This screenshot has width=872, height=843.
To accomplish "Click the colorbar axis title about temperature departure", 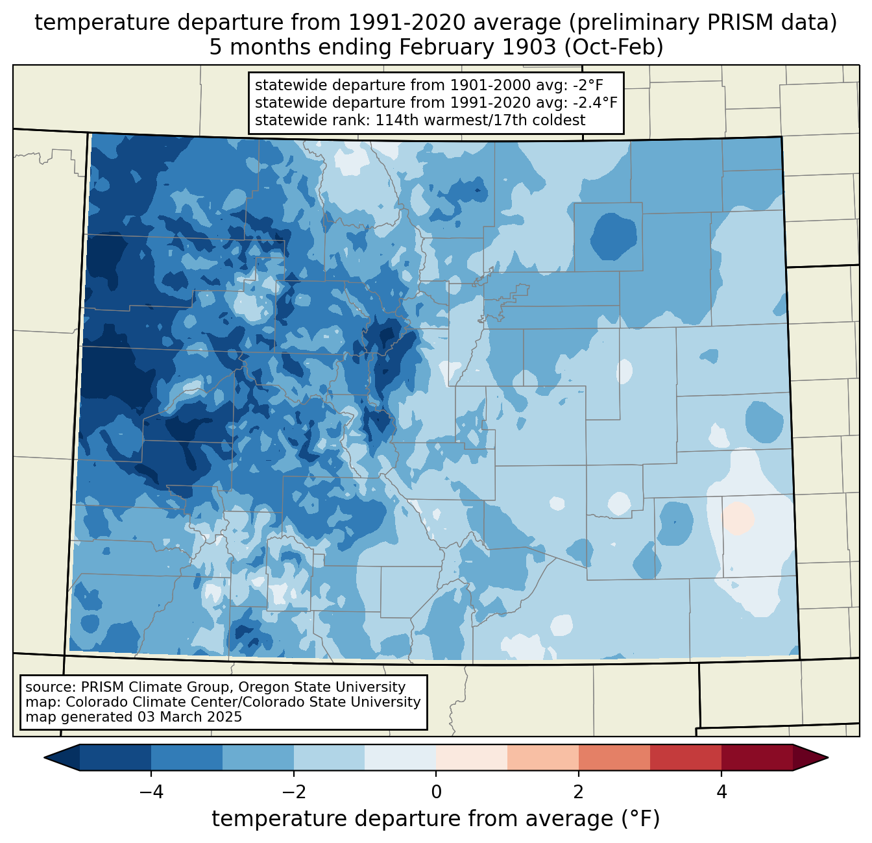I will point(435,819).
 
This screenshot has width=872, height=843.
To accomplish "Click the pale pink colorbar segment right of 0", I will point(472,757).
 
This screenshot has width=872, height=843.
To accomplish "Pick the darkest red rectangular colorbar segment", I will point(757,757).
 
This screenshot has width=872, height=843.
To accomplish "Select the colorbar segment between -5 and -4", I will point(115,757).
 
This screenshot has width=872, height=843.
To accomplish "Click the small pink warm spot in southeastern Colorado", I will point(738,518).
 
